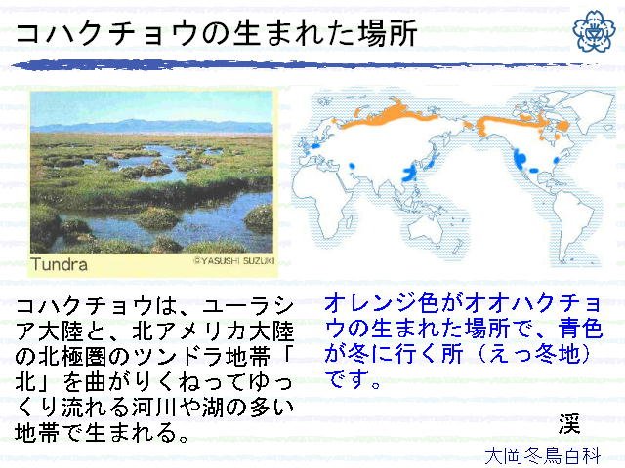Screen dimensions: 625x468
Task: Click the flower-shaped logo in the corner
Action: [595, 30]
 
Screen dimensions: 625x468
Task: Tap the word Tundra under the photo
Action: [59, 264]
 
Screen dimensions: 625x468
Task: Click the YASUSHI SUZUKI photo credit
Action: [234, 261]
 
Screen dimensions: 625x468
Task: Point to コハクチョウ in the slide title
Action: [107, 33]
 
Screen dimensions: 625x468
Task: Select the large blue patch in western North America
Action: [520, 159]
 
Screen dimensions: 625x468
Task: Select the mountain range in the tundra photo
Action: [151, 126]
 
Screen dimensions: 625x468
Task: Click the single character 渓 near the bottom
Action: [568, 423]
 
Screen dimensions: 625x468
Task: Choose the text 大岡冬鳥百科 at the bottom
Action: [542, 456]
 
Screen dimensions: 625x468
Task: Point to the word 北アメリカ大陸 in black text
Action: [213, 331]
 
